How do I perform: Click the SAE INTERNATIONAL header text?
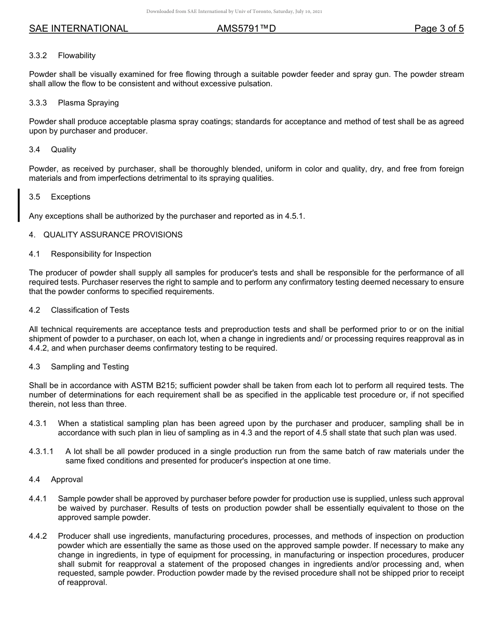tap(78, 29)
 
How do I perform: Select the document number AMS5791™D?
tap(246, 29)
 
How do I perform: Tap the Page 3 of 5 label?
tap(439, 29)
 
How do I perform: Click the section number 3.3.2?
tap(38, 56)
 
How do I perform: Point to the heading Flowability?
tap(77, 56)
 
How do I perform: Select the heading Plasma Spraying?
tap(88, 103)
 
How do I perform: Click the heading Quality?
tap(63, 150)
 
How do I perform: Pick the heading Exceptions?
tap(71, 197)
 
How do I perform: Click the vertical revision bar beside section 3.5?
tap(19, 206)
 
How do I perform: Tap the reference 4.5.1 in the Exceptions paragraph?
tap(294, 216)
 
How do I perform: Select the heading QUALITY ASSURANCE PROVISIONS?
tap(113, 235)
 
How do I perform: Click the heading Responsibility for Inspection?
tap(101, 254)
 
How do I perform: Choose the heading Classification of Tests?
tap(90, 310)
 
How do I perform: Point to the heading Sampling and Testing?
tap(90, 367)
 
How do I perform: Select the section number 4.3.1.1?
tap(41, 451)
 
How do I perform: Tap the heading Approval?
tap(67, 480)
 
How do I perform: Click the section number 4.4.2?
tap(38, 536)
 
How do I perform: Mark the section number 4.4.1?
tap(38, 499)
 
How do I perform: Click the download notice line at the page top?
tap(234, 11)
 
